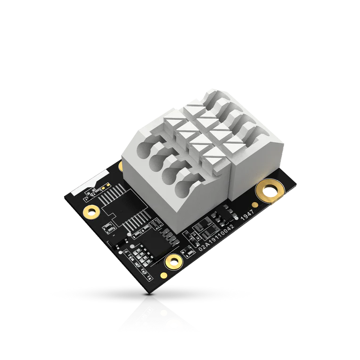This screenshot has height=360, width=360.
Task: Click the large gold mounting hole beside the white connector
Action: (x=270, y=190)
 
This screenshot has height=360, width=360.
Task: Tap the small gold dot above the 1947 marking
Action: (x=254, y=205)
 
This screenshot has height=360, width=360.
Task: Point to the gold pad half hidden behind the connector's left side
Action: (x=121, y=166)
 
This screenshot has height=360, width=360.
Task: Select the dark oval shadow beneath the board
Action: (x=151, y=295)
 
